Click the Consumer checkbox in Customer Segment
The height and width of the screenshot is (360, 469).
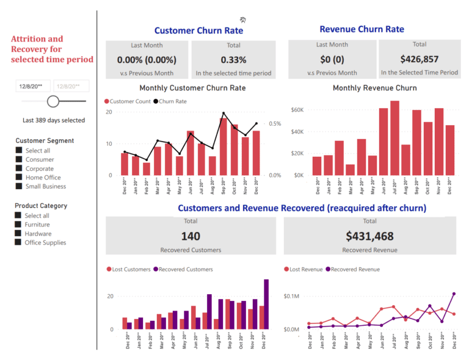point(19,159)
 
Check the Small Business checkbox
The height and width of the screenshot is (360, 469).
point(19,186)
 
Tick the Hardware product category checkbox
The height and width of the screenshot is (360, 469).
point(19,234)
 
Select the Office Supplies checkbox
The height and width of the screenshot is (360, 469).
point(19,242)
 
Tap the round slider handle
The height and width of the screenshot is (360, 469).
point(53,101)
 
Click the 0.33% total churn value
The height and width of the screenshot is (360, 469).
point(233,60)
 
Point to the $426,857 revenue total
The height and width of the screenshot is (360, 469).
point(419,59)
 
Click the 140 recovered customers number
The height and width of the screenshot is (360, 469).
point(191,236)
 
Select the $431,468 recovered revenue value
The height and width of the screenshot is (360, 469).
point(369,236)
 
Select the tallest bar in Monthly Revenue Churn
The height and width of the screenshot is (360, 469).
point(394,138)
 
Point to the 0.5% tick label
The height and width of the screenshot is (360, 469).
point(275,124)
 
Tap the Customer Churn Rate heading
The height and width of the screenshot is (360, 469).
point(198,31)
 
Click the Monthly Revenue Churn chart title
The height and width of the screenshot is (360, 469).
point(374,88)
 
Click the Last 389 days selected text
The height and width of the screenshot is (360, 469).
point(54,120)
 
